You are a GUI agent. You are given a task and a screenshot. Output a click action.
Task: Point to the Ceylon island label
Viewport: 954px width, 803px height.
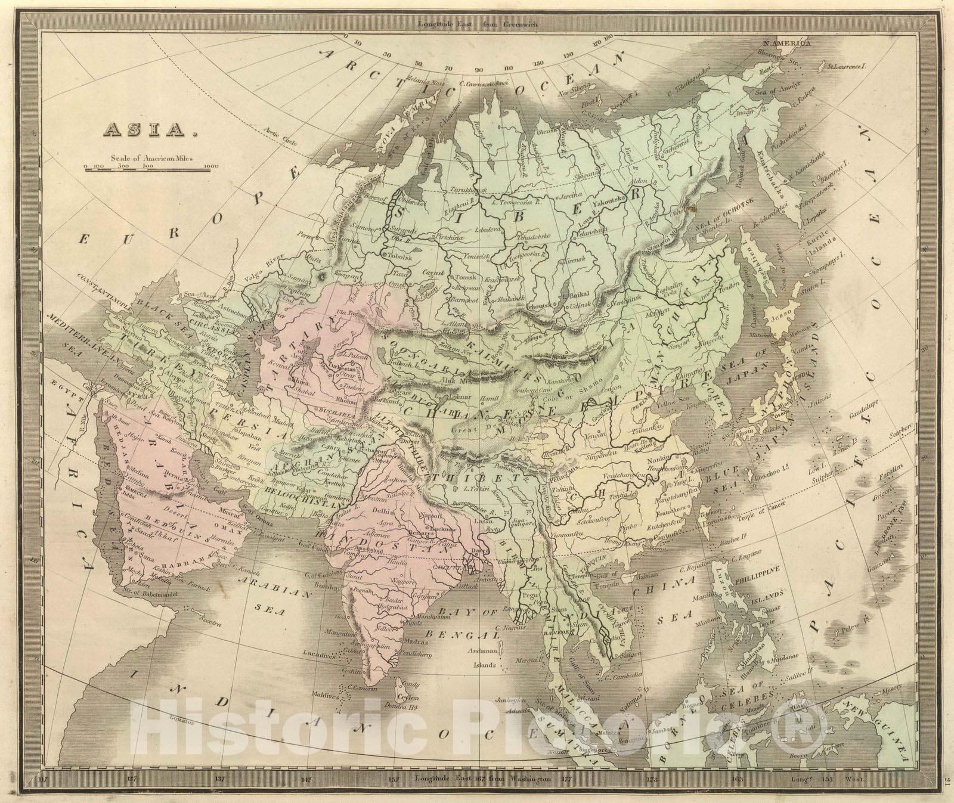click(409, 698)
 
